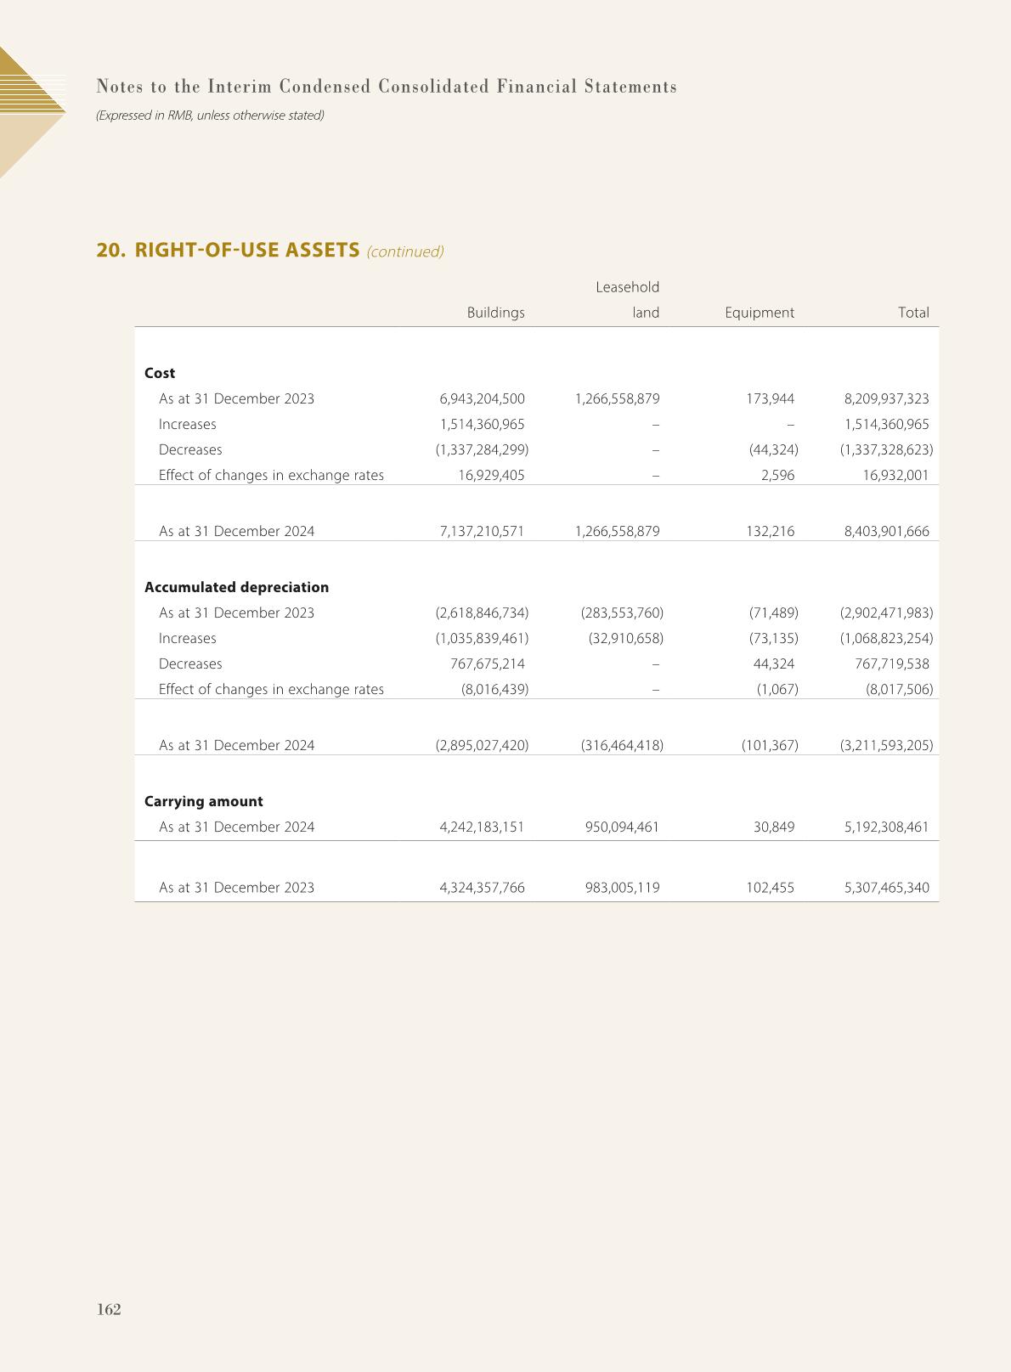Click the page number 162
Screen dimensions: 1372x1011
pyautogui.click(x=109, y=1309)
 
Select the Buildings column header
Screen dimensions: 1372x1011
pyautogui.click(x=495, y=313)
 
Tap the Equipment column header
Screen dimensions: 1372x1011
pyautogui.click(x=759, y=313)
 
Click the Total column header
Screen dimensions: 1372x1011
pyautogui.click(x=913, y=313)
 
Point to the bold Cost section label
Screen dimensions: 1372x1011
pyautogui.click(x=160, y=373)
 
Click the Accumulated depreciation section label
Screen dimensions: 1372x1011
pyautogui.click(x=236, y=587)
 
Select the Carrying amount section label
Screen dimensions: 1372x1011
pyautogui.click(x=204, y=801)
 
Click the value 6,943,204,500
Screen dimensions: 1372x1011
pyautogui.click(x=482, y=398)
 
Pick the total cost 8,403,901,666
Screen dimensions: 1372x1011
pyautogui.click(x=886, y=531)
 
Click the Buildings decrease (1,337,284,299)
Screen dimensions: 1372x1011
pyautogui.click(x=482, y=449)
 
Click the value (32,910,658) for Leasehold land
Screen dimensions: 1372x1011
pyautogui.click(x=626, y=638)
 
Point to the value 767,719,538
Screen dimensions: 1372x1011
pyautogui.click(x=891, y=663)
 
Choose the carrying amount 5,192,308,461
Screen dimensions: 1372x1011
pyautogui.click(x=886, y=827)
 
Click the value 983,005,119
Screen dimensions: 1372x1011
pyautogui.click(x=622, y=888)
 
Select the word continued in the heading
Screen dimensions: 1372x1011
pyautogui.click(x=405, y=251)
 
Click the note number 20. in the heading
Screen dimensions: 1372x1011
pyautogui.click(x=110, y=250)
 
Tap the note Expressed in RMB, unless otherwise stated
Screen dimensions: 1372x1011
pyautogui.click(x=210, y=116)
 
